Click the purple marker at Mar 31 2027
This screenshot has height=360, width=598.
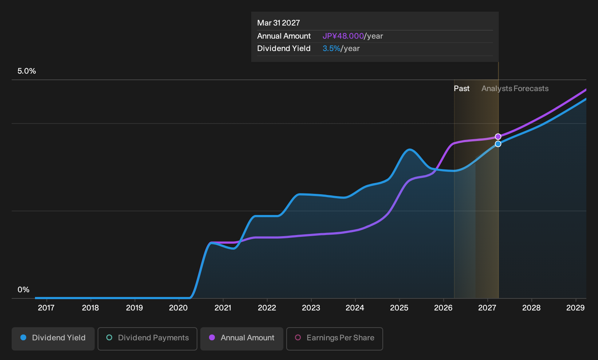[498, 137]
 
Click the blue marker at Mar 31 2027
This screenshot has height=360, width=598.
[498, 144]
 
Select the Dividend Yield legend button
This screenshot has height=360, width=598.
[53, 339]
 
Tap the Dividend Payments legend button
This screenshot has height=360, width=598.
[147, 339]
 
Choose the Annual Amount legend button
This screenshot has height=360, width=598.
[241, 339]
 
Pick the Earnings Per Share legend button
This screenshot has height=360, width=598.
[334, 339]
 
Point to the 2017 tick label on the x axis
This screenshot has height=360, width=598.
[46, 308]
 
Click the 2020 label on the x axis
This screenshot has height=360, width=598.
[178, 308]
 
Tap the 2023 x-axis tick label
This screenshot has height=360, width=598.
[311, 308]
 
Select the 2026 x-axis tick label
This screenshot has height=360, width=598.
[443, 308]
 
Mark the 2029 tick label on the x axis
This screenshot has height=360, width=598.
[575, 308]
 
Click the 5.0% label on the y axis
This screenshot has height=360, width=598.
[27, 71]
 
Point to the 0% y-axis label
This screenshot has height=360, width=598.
[24, 290]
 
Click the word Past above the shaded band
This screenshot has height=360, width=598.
[461, 89]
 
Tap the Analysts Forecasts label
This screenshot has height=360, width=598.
[515, 89]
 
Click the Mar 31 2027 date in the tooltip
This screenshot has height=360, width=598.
[279, 23]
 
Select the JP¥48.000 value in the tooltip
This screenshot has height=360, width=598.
[343, 36]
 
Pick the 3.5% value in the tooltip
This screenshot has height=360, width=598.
[331, 48]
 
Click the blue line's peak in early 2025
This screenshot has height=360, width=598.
[409, 149]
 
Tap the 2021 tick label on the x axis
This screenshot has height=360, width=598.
[223, 308]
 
